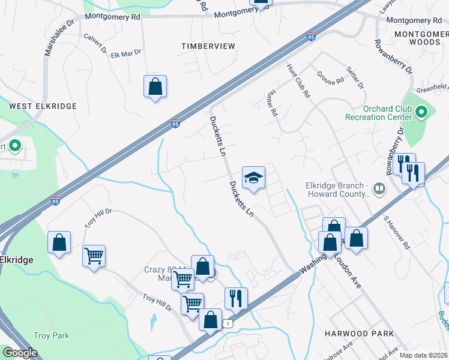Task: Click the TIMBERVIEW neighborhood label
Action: tap(208, 46)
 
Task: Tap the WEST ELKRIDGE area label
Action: tap(43, 106)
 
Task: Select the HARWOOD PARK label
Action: tap(358, 333)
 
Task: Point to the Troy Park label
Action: tap(52, 335)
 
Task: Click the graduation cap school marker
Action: tap(253, 177)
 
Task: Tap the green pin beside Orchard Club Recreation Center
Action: tap(421, 112)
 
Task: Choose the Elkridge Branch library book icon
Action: tap(379, 190)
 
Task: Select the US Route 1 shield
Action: tap(227, 323)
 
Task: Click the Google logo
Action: tap(20, 353)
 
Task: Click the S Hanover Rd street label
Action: tap(397, 233)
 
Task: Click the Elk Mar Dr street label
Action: tap(126, 53)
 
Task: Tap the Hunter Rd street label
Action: tap(271, 103)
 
